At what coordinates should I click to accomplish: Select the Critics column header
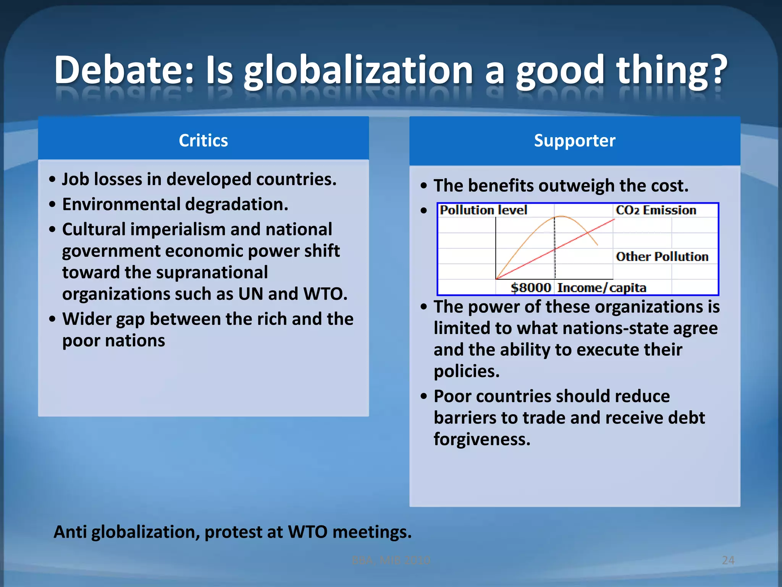(x=203, y=140)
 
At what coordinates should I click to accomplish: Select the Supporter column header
(x=574, y=140)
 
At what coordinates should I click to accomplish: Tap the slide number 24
(x=728, y=560)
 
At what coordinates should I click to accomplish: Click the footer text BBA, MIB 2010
(x=391, y=560)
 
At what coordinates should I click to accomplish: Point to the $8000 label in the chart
(x=531, y=287)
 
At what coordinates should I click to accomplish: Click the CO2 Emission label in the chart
(x=656, y=210)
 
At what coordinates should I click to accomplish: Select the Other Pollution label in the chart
(x=662, y=256)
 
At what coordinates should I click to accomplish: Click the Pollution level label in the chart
(x=483, y=210)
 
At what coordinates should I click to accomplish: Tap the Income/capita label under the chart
(x=601, y=287)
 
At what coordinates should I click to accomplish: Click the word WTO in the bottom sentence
(x=307, y=532)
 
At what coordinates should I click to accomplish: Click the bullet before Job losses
(x=53, y=180)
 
